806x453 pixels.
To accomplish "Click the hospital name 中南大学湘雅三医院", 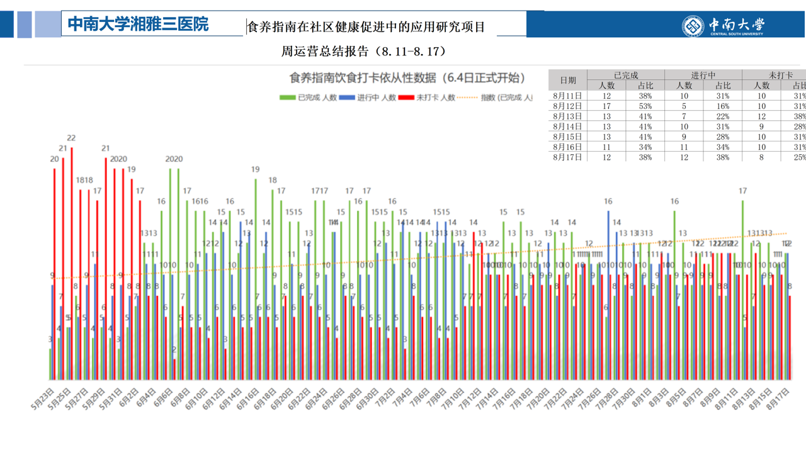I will [x=138, y=25].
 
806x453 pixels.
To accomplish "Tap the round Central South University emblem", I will [x=693, y=26].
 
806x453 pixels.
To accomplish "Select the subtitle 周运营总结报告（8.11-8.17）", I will [x=363, y=52].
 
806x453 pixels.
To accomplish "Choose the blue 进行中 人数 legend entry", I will [x=368, y=98].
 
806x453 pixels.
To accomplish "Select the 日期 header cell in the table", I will [x=568, y=80].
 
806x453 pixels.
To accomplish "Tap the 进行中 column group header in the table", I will [x=703, y=75].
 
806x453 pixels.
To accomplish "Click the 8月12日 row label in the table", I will [x=568, y=106].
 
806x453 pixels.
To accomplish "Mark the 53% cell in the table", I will [x=645, y=106].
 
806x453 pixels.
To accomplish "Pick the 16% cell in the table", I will [x=723, y=106].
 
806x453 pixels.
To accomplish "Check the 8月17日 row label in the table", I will [x=568, y=157].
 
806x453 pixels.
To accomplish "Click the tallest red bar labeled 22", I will [x=72, y=264].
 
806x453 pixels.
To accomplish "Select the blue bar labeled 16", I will [x=608, y=296].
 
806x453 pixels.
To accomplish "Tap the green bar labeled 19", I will [x=256, y=277].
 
